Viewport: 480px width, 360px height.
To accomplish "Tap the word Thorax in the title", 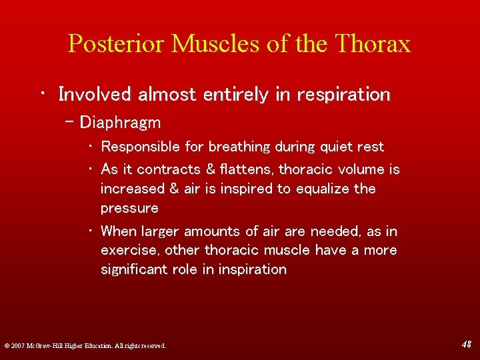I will [374, 44].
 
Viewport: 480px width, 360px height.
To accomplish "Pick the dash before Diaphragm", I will [71, 123].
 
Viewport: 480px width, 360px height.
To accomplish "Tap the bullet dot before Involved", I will [42, 95].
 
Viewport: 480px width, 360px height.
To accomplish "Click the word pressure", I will [129, 209].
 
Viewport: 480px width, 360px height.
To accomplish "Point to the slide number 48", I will [466, 344].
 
